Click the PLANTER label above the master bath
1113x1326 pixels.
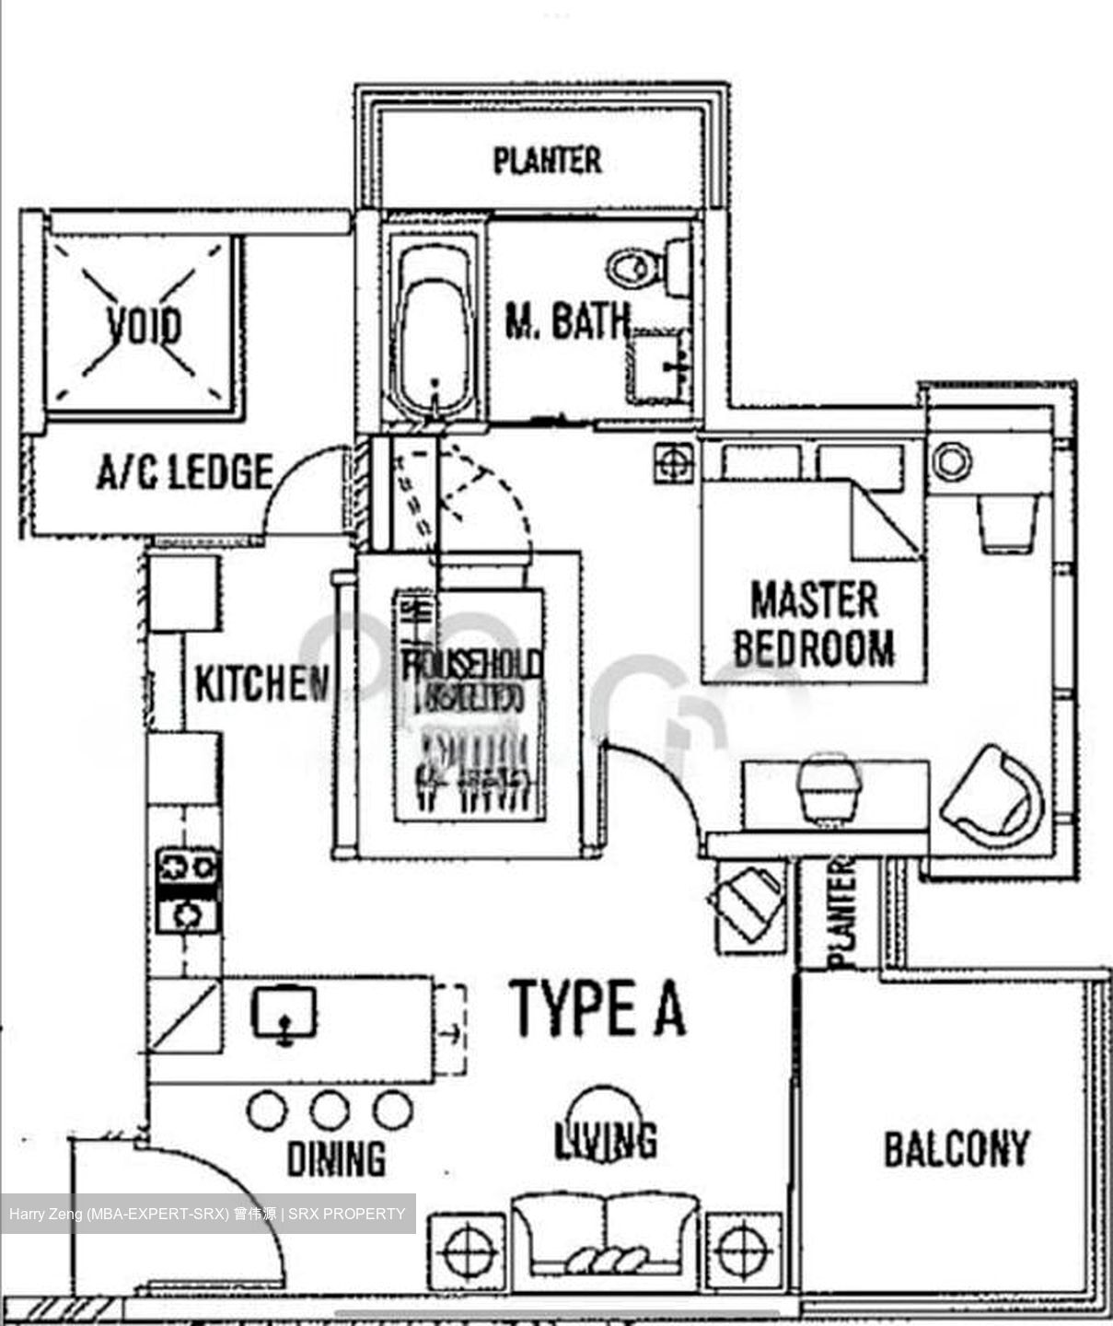coord(547,161)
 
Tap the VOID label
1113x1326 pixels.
coord(144,326)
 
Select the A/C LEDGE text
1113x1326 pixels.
coord(185,472)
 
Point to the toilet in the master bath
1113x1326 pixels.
coord(641,267)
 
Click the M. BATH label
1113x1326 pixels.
coord(567,321)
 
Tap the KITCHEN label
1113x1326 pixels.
coord(262,684)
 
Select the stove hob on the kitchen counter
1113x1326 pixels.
coord(188,890)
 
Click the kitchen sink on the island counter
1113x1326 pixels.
coord(284,1014)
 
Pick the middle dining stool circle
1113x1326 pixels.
coord(329,1111)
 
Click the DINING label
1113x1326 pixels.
coord(336,1159)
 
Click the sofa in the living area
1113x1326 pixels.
coord(605,1236)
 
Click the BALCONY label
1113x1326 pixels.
coord(956,1149)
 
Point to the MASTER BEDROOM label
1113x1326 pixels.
coord(814,624)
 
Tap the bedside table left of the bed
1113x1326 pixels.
coord(674,462)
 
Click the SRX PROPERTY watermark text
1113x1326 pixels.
coord(347,1214)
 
